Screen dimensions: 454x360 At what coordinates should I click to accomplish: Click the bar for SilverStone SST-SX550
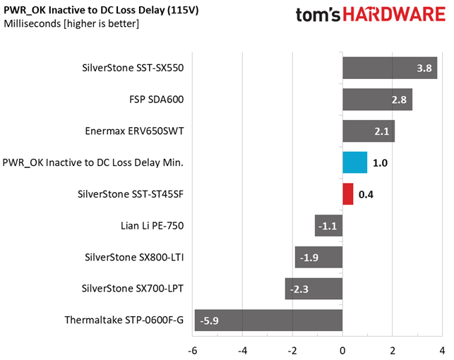(x=390, y=68)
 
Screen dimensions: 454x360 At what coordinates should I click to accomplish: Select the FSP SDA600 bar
(x=377, y=100)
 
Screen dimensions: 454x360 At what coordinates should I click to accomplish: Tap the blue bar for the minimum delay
(x=354, y=162)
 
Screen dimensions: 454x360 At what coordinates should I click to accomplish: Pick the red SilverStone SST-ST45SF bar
(x=348, y=194)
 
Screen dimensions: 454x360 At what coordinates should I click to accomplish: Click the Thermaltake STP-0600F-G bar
(x=268, y=320)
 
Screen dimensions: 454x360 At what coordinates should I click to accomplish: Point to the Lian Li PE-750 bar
(x=328, y=226)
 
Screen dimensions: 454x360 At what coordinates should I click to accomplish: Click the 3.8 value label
(x=424, y=68)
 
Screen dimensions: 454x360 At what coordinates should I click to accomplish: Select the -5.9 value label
(x=209, y=320)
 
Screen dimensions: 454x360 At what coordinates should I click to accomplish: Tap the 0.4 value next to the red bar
(x=366, y=194)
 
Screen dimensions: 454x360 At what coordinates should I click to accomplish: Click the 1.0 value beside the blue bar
(x=380, y=163)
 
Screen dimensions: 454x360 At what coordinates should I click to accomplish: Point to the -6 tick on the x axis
(x=193, y=351)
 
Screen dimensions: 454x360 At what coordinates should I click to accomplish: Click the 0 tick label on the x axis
(x=342, y=351)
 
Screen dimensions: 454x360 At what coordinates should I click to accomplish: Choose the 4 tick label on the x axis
(x=442, y=351)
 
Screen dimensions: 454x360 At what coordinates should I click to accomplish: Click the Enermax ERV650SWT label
(x=134, y=131)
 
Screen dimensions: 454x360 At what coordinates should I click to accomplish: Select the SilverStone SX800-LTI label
(x=134, y=257)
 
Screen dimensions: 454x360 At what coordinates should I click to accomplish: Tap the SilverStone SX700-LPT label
(x=132, y=289)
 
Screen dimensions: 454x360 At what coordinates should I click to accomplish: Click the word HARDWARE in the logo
(x=394, y=14)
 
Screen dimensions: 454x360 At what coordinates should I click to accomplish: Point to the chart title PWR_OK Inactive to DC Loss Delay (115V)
(x=101, y=10)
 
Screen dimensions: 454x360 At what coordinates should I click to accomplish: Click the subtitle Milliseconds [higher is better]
(x=71, y=24)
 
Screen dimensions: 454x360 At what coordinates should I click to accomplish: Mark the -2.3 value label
(x=299, y=289)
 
